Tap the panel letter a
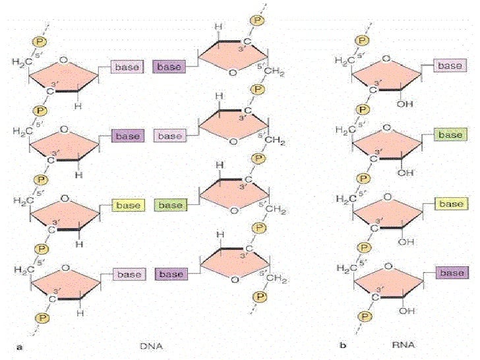pyautogui.click(x=20, y=345)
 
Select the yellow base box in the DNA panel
pyautogui.click(x=128, y=205)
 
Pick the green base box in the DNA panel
pyautogui.click(x=170, y=205)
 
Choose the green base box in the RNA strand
pyautogui.click(x=450, y=135)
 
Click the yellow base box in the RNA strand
pyautogui.click(x=450, y=204)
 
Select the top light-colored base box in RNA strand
pyautogui.click(x=450, y=65)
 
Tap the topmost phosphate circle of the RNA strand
pyautogui.click(x=361, y=41)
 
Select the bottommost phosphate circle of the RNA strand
pyautogui.click(x=361, y=316)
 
